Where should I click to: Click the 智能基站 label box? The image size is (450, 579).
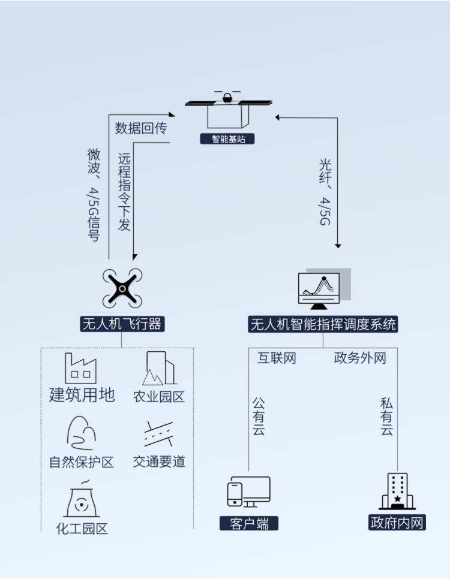pos(227,139)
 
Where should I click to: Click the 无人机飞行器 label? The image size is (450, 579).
pos(122,324)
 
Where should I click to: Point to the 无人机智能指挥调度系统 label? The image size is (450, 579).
pos(323,324)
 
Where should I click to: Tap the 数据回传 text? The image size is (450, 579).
pos(141,128)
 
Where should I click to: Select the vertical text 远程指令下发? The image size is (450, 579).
pos(124,192)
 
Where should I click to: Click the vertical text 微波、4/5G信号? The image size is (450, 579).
pos(93,195)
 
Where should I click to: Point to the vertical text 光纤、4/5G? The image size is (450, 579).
pos(325,192)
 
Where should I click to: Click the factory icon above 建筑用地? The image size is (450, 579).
pos(81,368)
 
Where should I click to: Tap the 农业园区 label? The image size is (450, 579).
pos(159,396)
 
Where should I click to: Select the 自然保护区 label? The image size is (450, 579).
pos(82,462)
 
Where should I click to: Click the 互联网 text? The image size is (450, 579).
pos(277,358)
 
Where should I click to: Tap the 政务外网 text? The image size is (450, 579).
pos(360,358)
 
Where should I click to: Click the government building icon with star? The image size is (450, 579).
pos(397,491)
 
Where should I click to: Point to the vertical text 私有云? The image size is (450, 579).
pos(387,417)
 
